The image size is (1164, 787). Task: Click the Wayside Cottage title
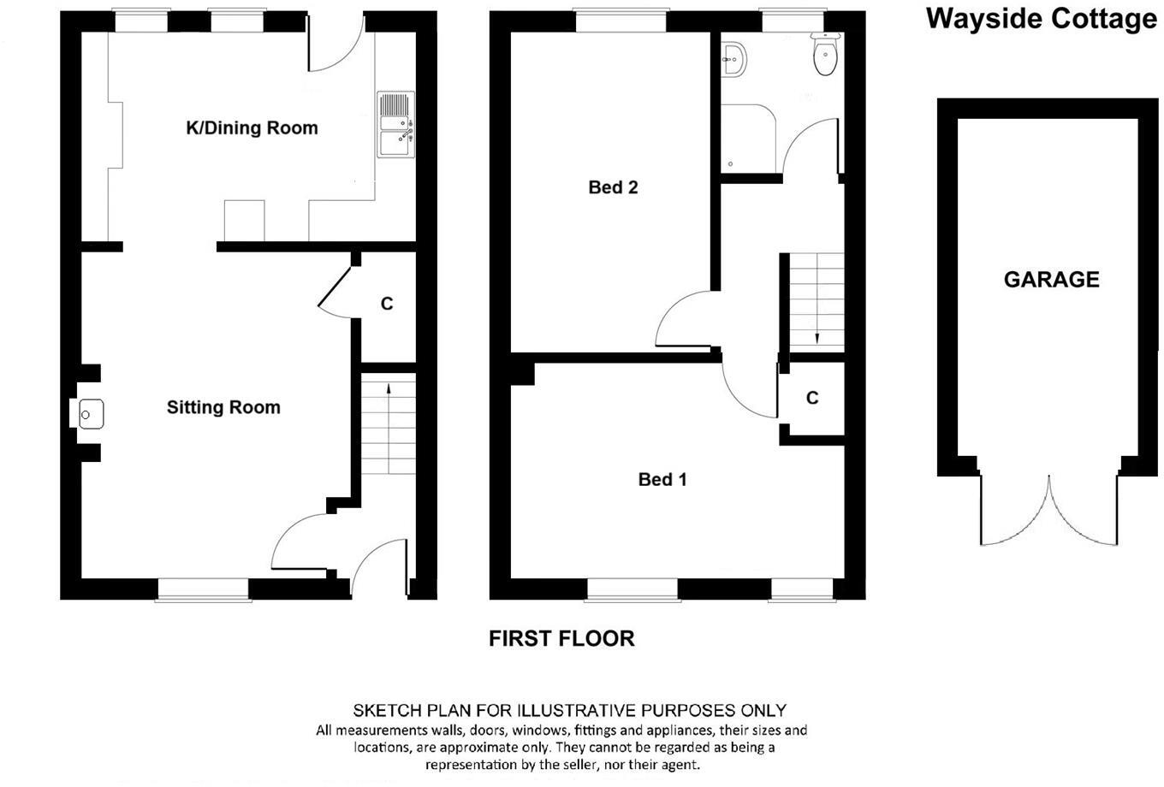coord(1041,18)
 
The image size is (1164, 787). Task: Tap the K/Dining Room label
coord(252,128)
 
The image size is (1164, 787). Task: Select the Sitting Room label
coord(223,408)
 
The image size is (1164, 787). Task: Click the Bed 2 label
coord(613,187)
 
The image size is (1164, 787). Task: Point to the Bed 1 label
coord(662,480)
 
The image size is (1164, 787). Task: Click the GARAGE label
coord(1051,280)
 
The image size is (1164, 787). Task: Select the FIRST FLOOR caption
coord(561,638)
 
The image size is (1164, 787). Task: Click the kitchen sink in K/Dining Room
coord(395,125)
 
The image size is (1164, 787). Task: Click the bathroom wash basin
coord(734,60)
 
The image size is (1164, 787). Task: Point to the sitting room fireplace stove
coord(88,414)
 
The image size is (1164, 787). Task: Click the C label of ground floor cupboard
coord(387,304)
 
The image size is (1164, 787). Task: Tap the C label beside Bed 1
coord(812,398)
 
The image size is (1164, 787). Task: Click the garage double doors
coord(1049,513)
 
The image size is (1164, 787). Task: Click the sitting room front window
coord(203,589)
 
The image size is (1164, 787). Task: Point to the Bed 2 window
coord(621,21)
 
